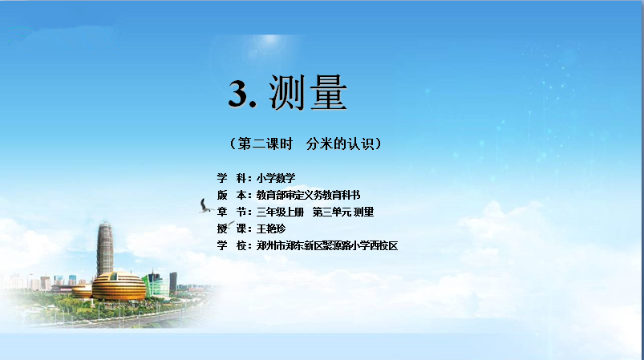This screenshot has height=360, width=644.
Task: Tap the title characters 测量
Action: pyautogui.click(x=308, y=93)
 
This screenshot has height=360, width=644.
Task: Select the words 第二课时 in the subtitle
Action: pyautogui.click(x=265, y=144)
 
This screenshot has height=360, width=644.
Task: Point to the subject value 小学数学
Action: pyautogui.click(x=276, y=178)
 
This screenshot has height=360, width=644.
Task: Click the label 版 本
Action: pyautogui.click(x=232, y=195)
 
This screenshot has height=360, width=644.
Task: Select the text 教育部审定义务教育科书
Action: pyautogui.click(x=308, y=195)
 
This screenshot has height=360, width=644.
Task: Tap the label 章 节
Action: pyautogui.click(x=232, y=212)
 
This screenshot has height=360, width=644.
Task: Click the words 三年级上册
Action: pyautogui.click(x=280, y=212)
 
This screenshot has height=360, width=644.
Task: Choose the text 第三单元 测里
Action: pyautogui.click(x=343, y=212)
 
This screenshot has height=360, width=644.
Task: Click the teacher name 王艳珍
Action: pyautogui.click(x=270, y=229)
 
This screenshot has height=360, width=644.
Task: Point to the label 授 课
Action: pyautogui.click(x=232, y=229)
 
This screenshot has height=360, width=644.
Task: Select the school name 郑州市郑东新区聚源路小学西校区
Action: pyautogui.click(x=327, y=245)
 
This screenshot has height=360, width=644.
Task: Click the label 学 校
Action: pyautogui.click(x=232, y=245)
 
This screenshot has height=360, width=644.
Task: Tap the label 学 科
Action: pyautogui.click(x=232, y=178)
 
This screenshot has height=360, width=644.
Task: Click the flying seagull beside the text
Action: pyautogui.click(x=205, y=206)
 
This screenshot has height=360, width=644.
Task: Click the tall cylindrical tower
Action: pyautogui.click(x=105, y=249)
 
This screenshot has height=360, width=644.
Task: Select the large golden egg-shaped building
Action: pyautogui.click(x=119, y=286)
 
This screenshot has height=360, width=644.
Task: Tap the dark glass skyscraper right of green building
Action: pyautogui.click(x=173, y=281)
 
